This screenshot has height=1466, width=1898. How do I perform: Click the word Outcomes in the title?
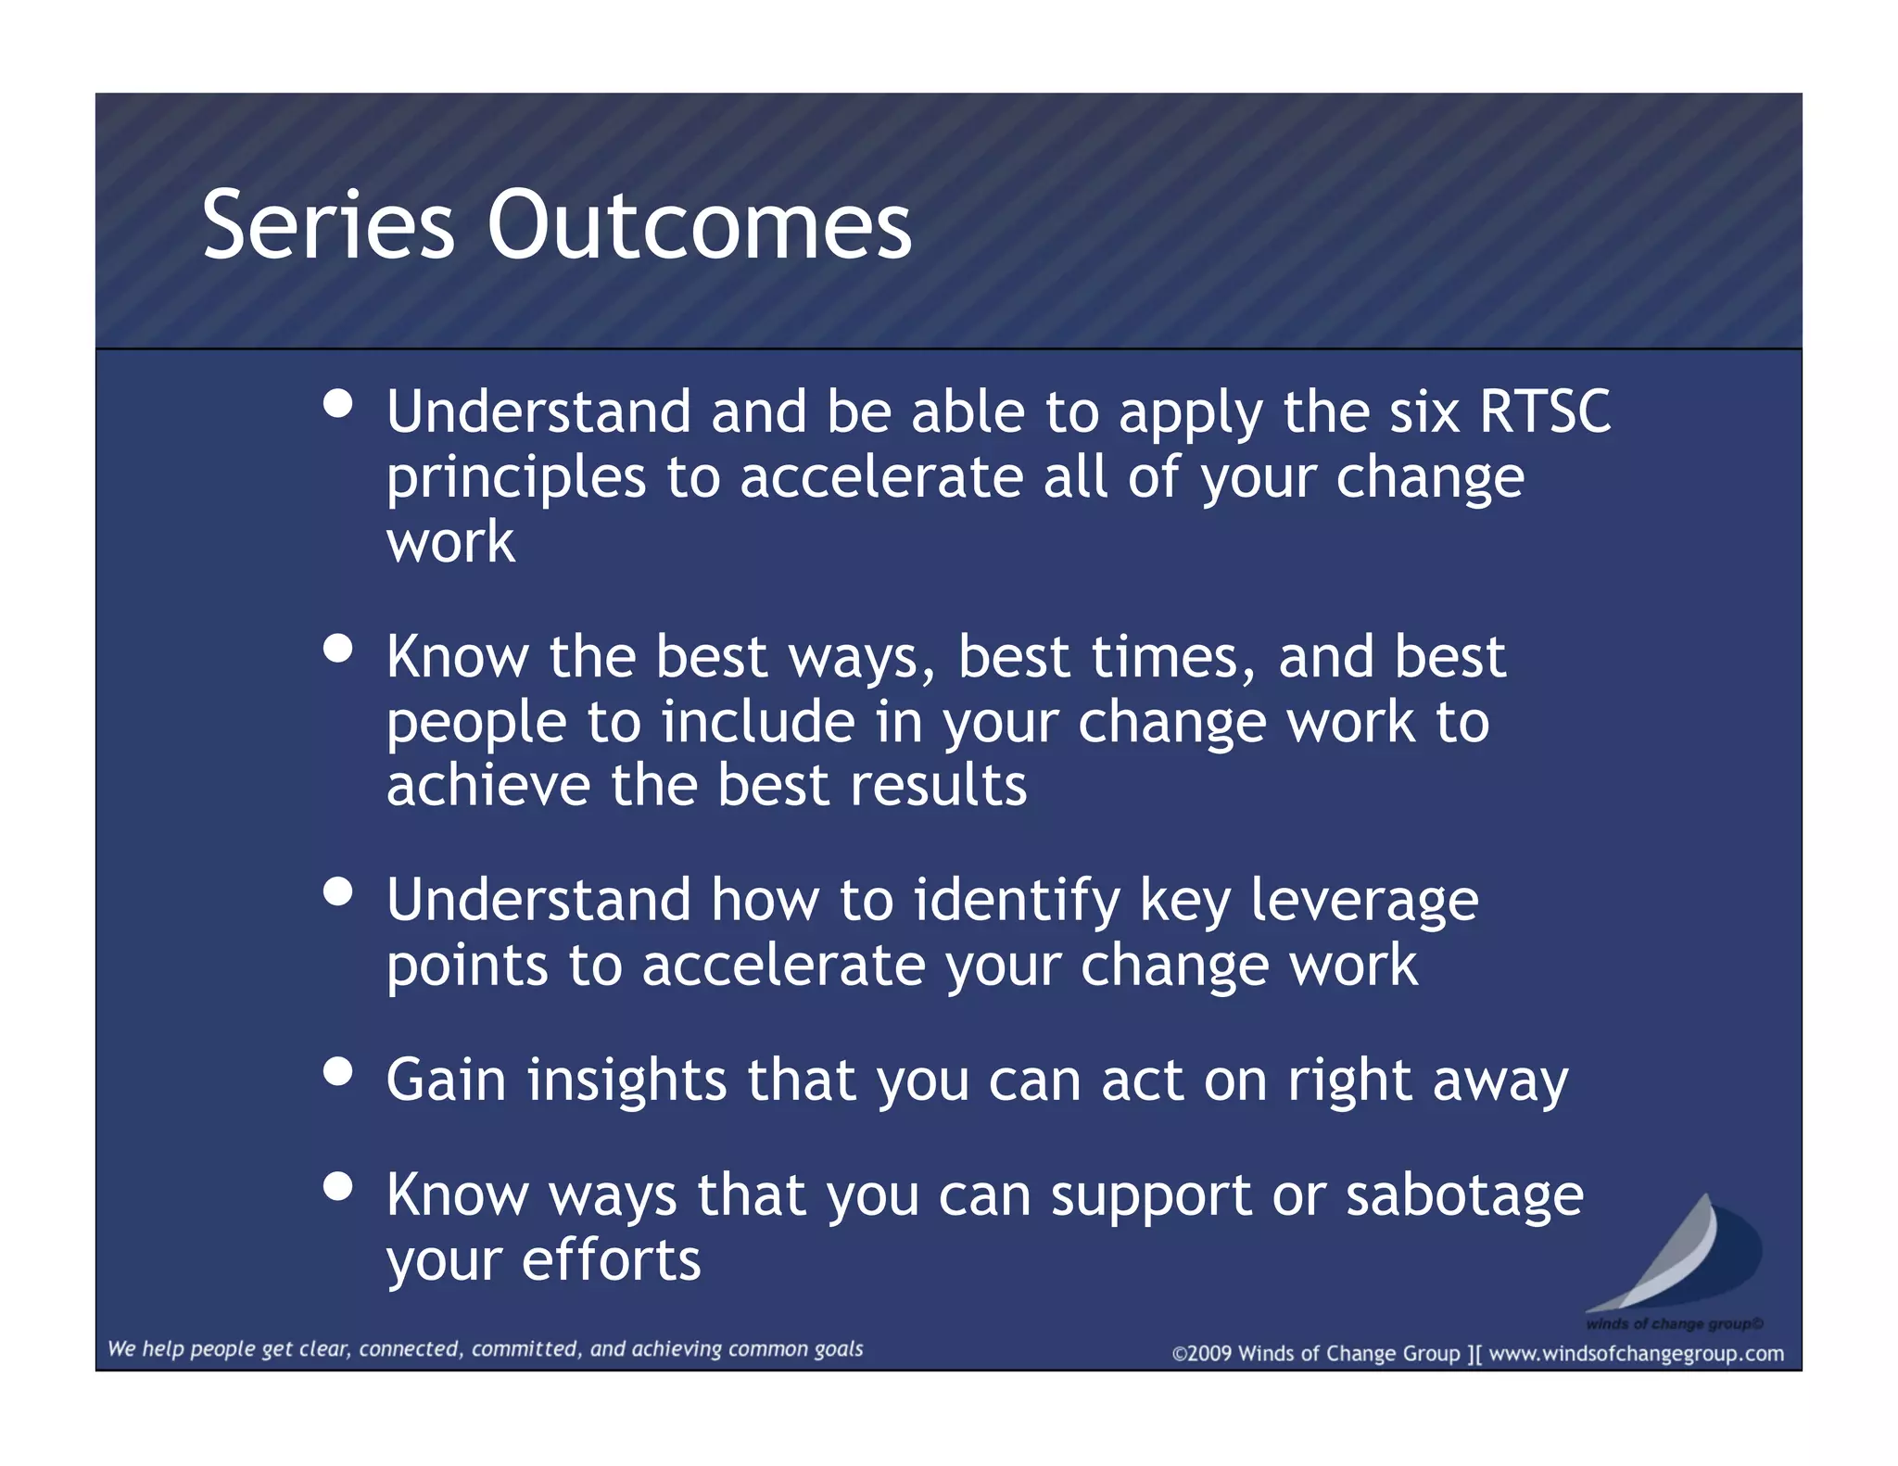[700, 224]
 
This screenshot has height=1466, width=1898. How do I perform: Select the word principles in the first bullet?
[516, 480]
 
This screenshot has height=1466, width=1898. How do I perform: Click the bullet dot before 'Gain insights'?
[338, 1072]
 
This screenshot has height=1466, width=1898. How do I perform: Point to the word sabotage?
[1464, 1195]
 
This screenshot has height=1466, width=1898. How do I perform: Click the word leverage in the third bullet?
[1364, 903]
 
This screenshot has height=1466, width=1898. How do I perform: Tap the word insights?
[627, 1081]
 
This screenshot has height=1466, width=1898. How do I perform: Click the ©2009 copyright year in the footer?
[1203, 1354]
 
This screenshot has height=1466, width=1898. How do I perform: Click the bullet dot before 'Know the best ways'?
[338, 649]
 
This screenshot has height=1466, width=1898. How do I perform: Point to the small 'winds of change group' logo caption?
[1674, 1323]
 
